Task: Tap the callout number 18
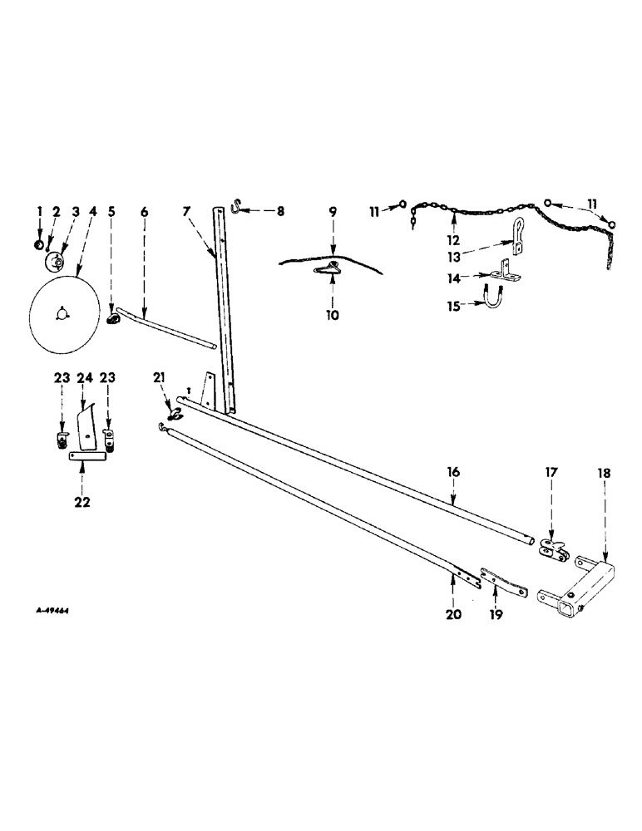coord(604,473)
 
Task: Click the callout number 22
coord(82,501)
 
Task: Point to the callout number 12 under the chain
coord(454,239)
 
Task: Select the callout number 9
coord(332,213)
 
